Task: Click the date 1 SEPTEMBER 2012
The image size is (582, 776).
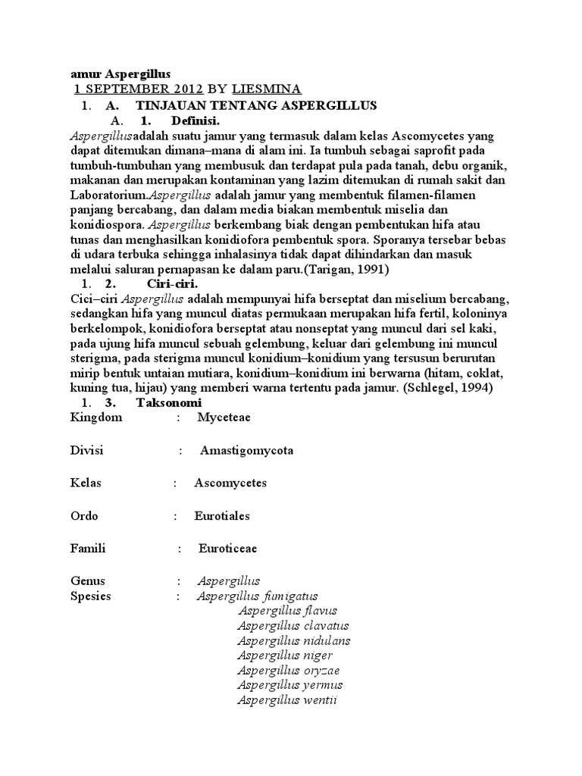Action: (x=128, y=90)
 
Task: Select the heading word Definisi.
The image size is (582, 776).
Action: (x=196, y=120)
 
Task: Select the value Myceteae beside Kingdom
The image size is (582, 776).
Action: (x=224, y=418)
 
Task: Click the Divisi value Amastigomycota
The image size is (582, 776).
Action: (x=247, y=450)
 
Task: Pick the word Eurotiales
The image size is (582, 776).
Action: (x=222, y=515)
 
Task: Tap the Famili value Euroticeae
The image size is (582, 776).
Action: (x=228, y=548)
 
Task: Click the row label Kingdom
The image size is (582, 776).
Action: (x=95, y=418)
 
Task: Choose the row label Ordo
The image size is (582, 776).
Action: (x=83, y=515)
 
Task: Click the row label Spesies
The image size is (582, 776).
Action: (x=90, y=596)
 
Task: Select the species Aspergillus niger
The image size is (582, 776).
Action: (x=285, y=656)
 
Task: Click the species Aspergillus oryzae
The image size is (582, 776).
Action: (x=289, y=671)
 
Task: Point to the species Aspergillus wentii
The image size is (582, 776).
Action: (x=287, y=700)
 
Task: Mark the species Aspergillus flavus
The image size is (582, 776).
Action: (x=287, y=611)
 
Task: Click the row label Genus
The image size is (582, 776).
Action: (x=87, y=581)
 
